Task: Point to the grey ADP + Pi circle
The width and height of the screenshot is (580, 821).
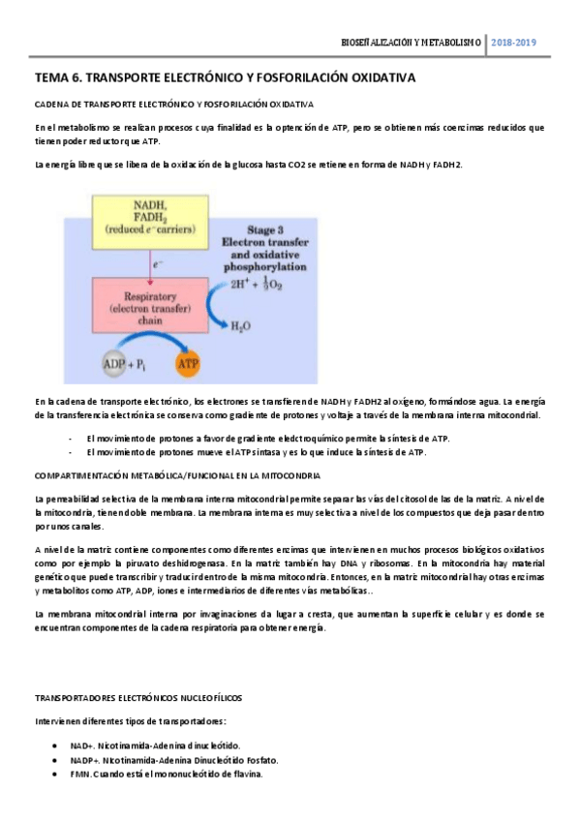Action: [x=127, y=366]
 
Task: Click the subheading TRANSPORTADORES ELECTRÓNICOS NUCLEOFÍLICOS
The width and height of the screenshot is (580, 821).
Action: [x=138, y=696]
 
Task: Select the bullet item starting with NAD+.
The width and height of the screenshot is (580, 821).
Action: [x=155, y=746]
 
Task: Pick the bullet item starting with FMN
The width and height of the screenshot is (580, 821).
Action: [x=166, y=775]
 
